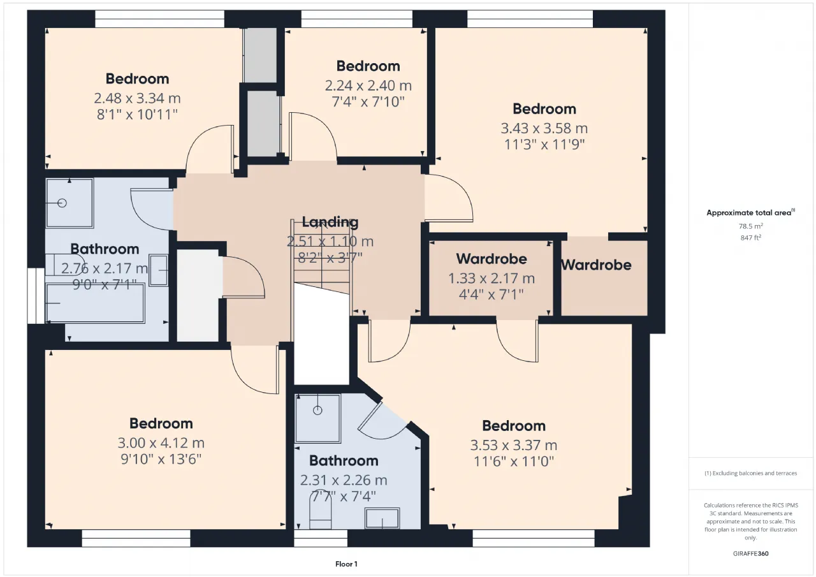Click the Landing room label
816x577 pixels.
330,222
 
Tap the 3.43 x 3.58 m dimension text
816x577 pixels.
544,128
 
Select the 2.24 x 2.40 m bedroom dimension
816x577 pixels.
368,85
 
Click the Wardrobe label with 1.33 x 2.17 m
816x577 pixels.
492,259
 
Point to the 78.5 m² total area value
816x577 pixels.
751,226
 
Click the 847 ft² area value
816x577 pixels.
751,238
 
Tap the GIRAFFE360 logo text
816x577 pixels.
751,553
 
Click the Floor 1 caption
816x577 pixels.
346,564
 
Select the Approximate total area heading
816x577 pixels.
751,213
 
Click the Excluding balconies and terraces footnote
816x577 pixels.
751,473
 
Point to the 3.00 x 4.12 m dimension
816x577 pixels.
161,443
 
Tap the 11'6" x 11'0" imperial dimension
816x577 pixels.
514,462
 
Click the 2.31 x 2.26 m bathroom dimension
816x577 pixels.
344,480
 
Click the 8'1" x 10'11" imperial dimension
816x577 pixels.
137,114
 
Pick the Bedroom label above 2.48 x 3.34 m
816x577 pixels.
137,78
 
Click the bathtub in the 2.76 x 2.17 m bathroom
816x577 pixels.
96,303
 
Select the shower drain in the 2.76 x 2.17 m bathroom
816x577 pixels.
62,203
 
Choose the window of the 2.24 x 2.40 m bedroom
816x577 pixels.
356,19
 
